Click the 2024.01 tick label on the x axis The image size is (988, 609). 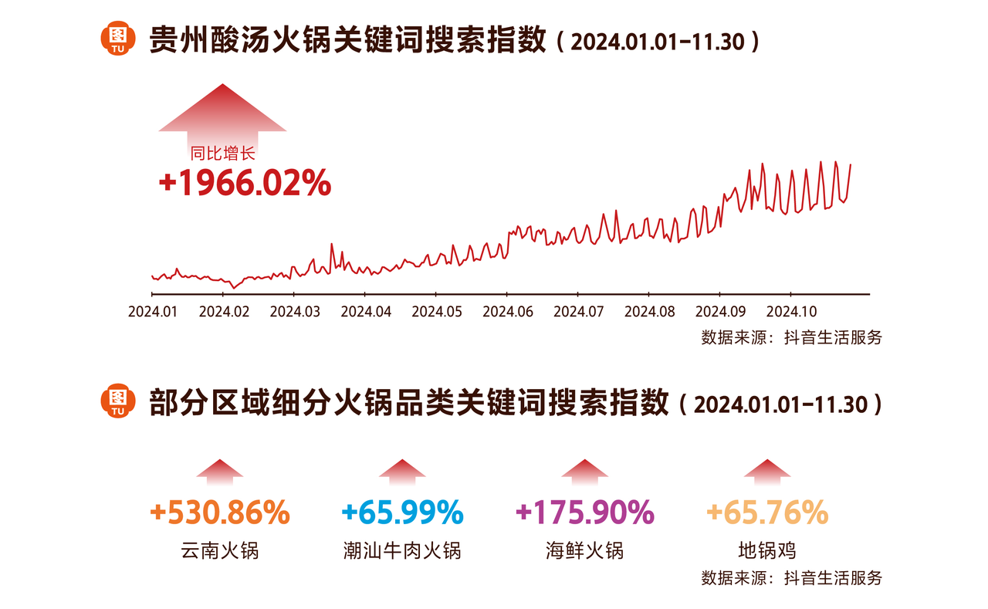tap(152, 312)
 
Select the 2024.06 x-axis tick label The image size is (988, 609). tap(506, 312)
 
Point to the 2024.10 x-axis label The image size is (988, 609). tap(790, 312)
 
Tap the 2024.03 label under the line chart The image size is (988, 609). tap(294, 312)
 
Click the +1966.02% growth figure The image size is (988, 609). tap(245, 184)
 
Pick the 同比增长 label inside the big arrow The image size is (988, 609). tap(222, 154)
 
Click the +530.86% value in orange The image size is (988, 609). tap(220, 512)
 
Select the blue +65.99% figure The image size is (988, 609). tap(402, 512)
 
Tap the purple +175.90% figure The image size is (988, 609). tap(584, 512)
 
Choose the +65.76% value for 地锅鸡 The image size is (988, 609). tap(766, 512)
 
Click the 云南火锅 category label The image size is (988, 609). tap(220, 550)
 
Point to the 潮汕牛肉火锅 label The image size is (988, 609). tap(402, 550)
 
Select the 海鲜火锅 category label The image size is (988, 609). tap(584, 550)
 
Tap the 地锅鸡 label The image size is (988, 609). tap(766, 550)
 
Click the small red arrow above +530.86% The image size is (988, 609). tap(220, 470)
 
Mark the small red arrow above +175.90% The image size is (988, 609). tap(584, 470)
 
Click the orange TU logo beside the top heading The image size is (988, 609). tap(118, 40)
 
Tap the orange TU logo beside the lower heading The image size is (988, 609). tap(118, 401)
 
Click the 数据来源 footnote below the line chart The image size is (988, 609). tap(791, 337)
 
